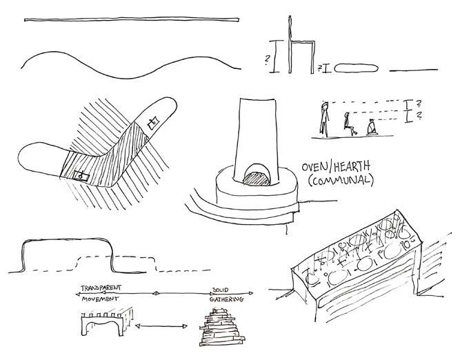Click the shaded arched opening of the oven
coord(257,177)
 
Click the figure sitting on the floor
coord(371,128)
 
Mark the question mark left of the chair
coord(265,59)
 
